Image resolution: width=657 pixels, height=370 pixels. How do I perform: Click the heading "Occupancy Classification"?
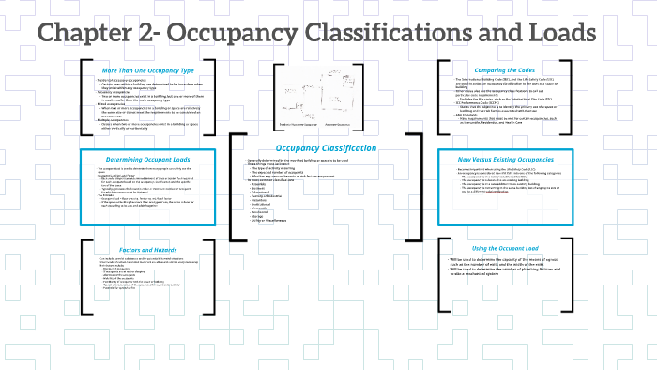click(x=319, y=147)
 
